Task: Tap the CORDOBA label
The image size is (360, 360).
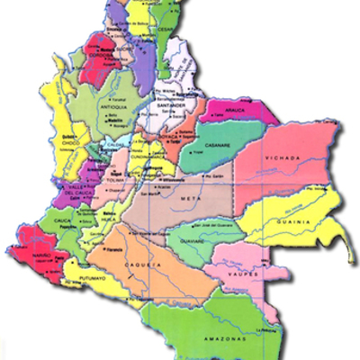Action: click(107, 54)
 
